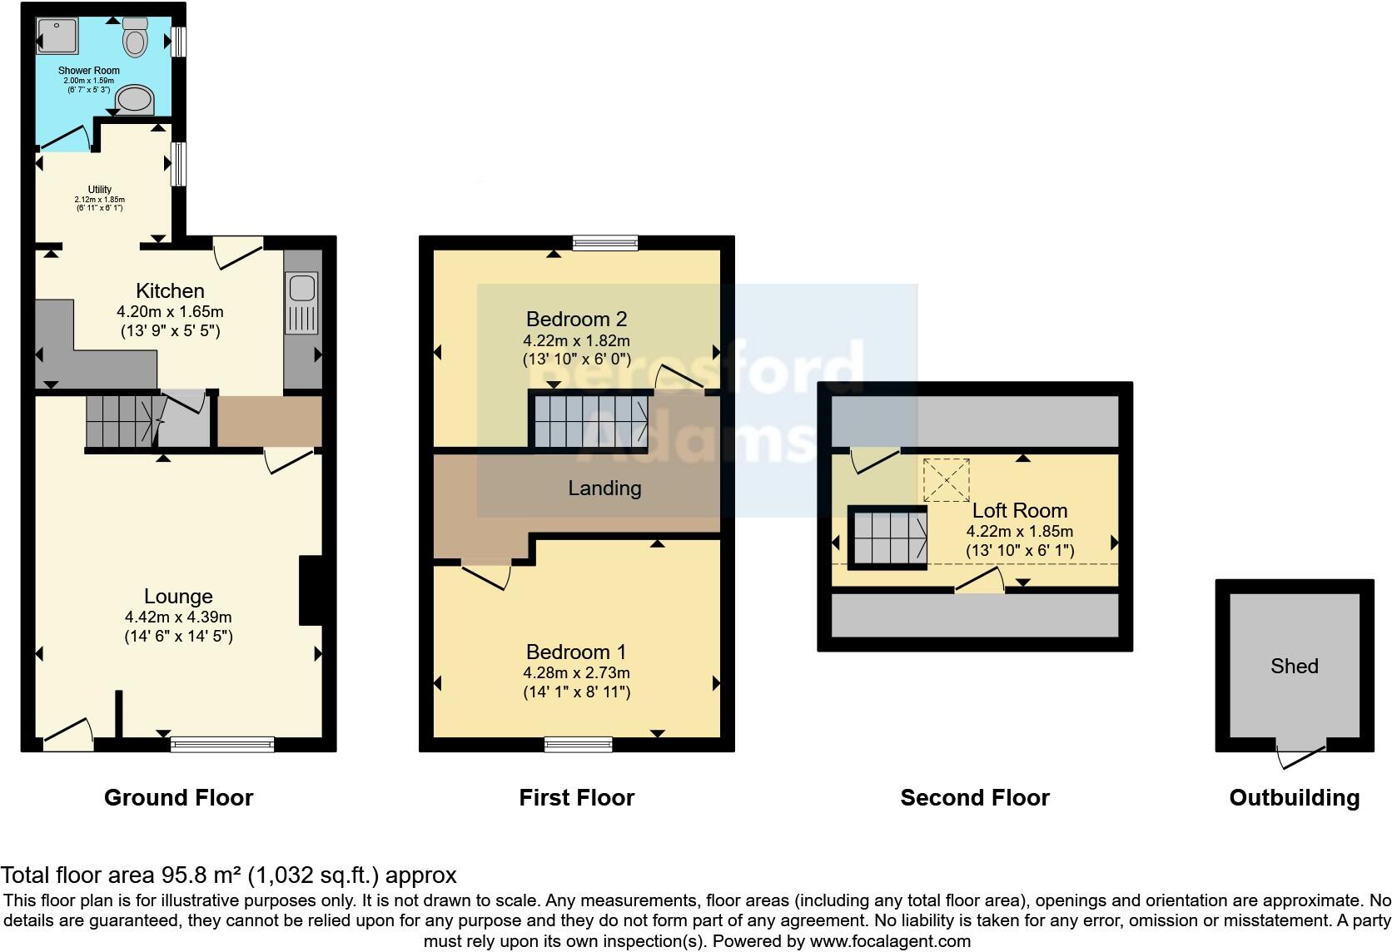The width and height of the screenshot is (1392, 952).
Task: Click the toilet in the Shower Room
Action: (135, 36)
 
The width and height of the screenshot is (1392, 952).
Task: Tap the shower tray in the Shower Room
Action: (57, 36)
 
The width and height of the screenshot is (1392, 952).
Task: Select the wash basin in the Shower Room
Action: (135, 100)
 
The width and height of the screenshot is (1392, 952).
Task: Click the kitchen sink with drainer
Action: (301, 303)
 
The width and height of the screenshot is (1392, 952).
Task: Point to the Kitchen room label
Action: (170, 290)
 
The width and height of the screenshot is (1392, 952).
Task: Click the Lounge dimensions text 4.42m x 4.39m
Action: (178, 617)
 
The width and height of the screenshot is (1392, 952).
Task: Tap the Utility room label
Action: (99, 190)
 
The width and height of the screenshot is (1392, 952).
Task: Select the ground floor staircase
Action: (119, 421)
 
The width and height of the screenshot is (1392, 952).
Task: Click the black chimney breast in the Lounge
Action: (310, 590)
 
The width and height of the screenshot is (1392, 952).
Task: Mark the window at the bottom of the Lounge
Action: (222, 744)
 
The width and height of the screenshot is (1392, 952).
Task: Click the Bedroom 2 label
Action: (576, 319)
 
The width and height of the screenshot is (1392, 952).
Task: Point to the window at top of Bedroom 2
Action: (605, 242)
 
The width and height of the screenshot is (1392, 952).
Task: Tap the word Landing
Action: (604, 488)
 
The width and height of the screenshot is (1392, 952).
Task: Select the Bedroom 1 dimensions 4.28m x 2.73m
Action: (576, 672)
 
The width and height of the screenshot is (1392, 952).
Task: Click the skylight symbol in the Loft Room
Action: (947, 480)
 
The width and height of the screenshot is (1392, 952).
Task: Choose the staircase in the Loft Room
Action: (887, 538)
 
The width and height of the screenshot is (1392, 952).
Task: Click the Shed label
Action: (1294, 666)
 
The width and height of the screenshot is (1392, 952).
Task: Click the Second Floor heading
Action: (974, 798)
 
